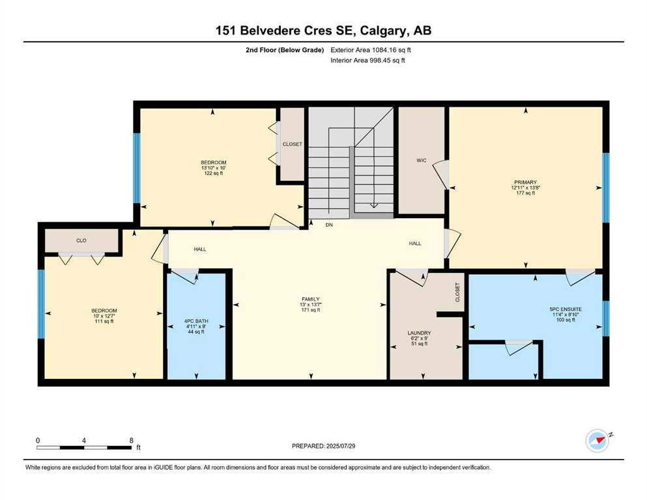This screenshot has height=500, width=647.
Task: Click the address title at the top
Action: coord(323,30)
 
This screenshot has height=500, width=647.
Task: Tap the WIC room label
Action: coord(421,160)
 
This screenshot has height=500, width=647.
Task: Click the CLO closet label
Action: coord(81,240)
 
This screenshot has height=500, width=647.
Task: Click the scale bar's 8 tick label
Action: coord(131,440)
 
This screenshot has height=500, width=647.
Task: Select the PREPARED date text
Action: coord(323,446)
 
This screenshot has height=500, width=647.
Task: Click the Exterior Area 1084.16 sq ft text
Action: coord(371,49)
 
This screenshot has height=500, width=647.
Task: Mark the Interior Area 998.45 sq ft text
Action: coord(368,61)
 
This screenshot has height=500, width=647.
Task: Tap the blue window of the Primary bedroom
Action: coord(605,187)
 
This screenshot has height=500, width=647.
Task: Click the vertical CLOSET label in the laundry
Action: coord(457,292)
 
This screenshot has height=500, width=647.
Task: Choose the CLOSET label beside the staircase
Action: coord(292,144)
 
